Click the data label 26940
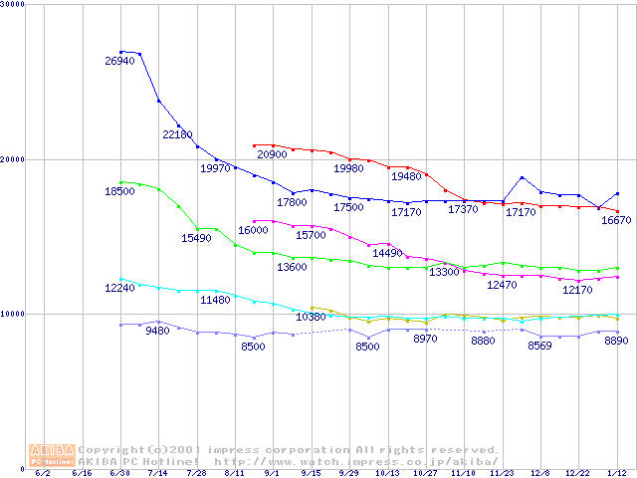pyautogui.click(x=119, y=61)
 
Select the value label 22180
pyautogui.click(x=177, y=134)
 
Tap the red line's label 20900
pyautogui.click(x=272, y=155)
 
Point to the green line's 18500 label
pyautogui.click(x=119, y=191)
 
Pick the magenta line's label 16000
pyautogui.click(x=253, y=230)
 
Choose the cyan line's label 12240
pyautogui.click(x=119, y=288)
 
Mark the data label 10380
pyautogui.click(x=311, y=317)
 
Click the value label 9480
pyautogui.click(x=158, y=331)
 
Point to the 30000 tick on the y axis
pyautogui.click(x=12, y=5)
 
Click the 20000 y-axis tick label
pyautogui.click(x=12, y=159)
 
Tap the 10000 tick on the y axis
pyautogui.click(x=12, y=314)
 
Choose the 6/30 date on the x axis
pyautogui.click(x=120, y=473)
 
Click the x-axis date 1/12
pyautogui.click(x=617, y=473)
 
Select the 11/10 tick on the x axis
pyautogui.click(x=464, y=473)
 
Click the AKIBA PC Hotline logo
pyautogui.click(x=52, y=455)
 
